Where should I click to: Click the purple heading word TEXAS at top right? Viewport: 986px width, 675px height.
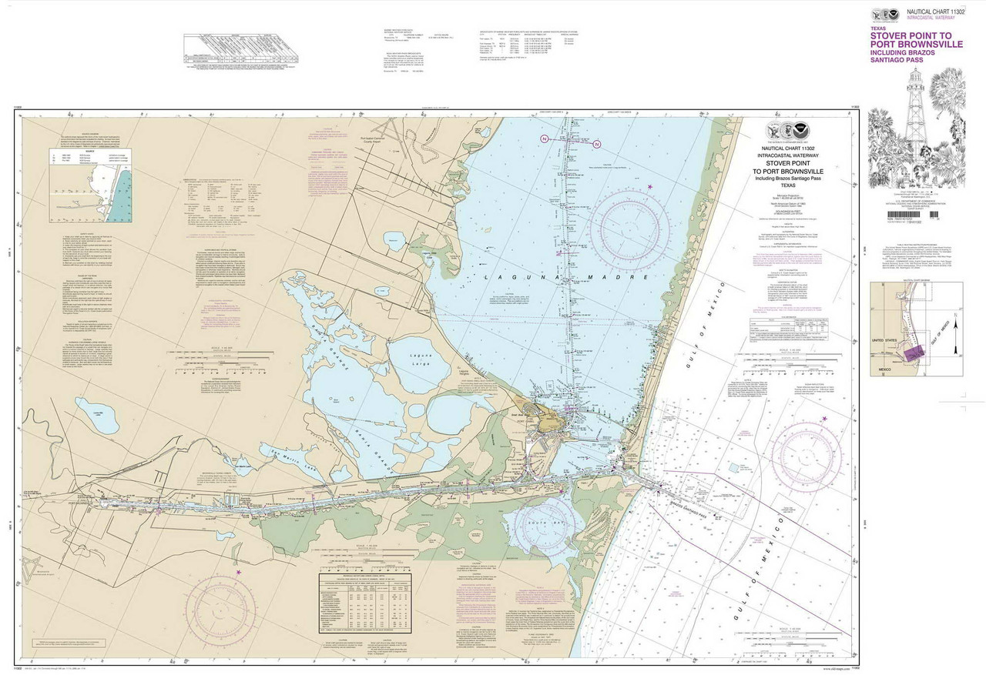click(x=877, y=28)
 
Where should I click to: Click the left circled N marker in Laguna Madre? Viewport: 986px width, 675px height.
click(x=544, y=139)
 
